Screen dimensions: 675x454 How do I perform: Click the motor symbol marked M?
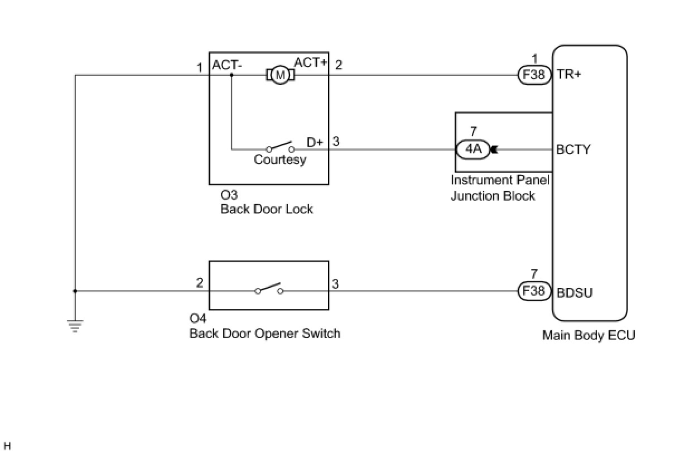[x=280, y=75]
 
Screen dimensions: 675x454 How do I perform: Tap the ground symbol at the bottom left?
[x=75, y=326]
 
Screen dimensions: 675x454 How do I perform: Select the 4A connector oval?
[x=473, y=149]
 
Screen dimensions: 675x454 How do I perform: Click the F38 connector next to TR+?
[x=534, y=75]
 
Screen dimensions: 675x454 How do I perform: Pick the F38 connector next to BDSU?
[x=534, y=291]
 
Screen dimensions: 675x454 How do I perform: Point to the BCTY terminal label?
[x=573, y=149]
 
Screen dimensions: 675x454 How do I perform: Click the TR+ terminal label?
[x=569, y=74]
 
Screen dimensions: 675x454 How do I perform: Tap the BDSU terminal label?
[x=575, y=292]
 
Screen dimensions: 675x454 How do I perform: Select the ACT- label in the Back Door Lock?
[x=227, y=65]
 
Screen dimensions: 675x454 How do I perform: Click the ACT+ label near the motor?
[x=311, y=62]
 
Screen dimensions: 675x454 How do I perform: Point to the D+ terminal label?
[x=315, y=142]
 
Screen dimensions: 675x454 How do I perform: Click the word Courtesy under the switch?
[x=280, y=160]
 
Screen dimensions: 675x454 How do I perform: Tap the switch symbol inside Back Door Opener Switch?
[x=269, y=288]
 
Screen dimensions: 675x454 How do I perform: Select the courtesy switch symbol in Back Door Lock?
[x=280, y=147]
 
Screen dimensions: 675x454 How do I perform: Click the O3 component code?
[x=229, y=195]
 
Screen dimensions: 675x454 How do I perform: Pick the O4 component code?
[x=197, y=318]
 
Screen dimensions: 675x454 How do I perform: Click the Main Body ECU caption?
[x=589, y=335]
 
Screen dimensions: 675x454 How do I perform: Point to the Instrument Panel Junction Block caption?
[x=500, y=188]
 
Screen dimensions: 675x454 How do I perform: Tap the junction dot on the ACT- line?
[x=232, y=75]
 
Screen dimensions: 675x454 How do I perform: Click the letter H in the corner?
[x=8, y=446]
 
